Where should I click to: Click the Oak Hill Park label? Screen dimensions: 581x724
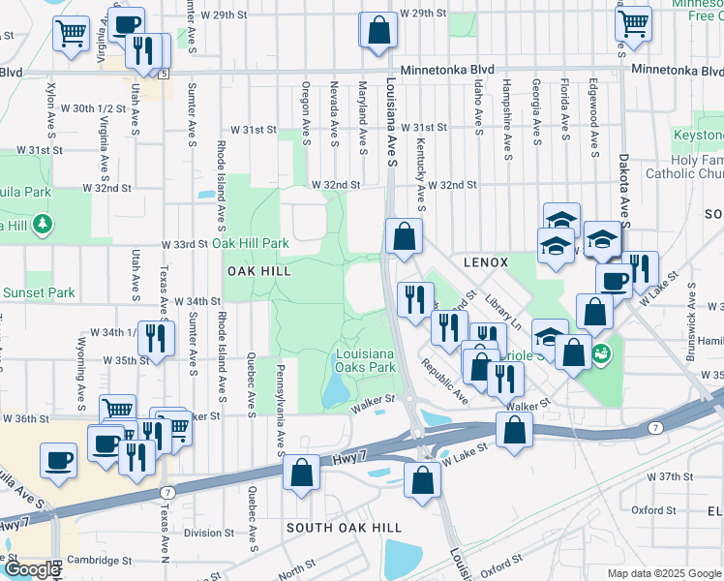[251, 243]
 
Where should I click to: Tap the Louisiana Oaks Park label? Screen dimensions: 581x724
[366, 361]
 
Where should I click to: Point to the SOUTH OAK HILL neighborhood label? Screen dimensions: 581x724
[344, 527]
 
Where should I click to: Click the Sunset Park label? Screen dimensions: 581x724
[38, 292]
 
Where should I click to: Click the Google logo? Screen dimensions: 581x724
[32, 569]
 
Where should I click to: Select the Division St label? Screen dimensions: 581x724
[209, 533]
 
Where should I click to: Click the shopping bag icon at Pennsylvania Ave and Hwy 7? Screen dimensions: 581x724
[302, 474]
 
